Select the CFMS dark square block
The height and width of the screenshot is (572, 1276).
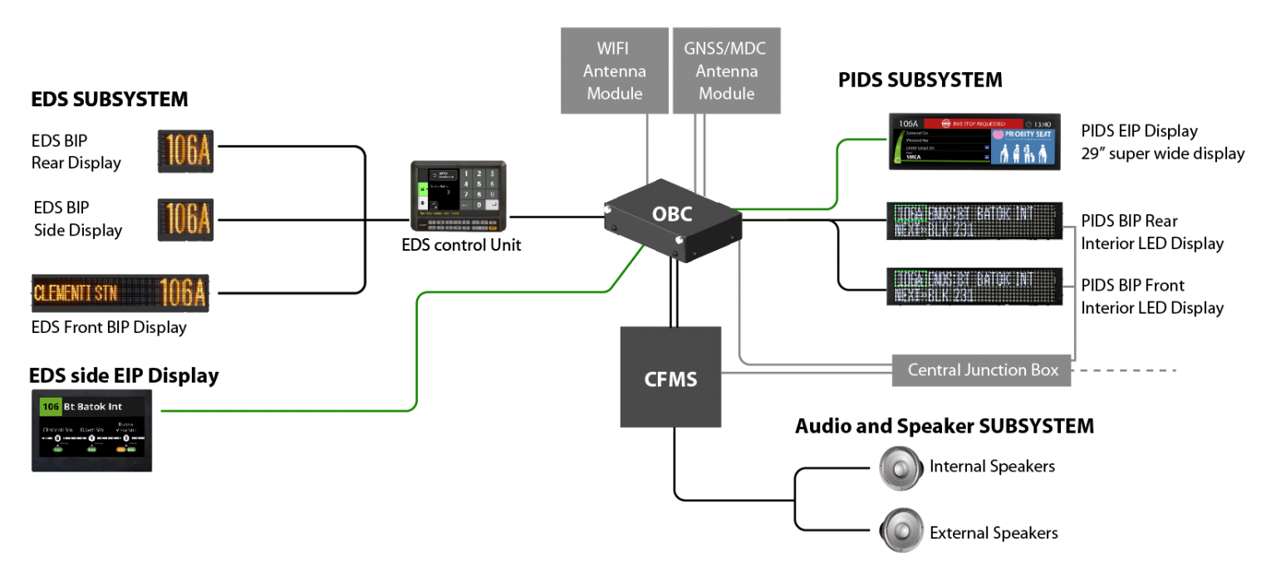pos(671,377)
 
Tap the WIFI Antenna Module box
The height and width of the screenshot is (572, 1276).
pos(614,71)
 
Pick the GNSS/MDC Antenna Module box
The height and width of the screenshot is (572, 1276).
pos(726,71)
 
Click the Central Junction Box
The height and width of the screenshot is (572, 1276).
pos(983,370)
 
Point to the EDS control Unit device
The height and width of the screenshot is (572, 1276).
pos(459,196)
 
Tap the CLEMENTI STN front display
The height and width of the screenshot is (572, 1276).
pos(120,292)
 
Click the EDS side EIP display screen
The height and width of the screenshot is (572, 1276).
pos(92,431)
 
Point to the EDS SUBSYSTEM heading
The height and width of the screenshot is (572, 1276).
pos(110,100)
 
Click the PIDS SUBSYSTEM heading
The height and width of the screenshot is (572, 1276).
pos(920,81)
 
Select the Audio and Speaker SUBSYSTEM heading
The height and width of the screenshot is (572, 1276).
pos(945,427)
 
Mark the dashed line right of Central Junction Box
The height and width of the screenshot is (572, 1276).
pos(1126,370)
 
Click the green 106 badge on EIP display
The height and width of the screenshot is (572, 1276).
pos(51,407)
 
